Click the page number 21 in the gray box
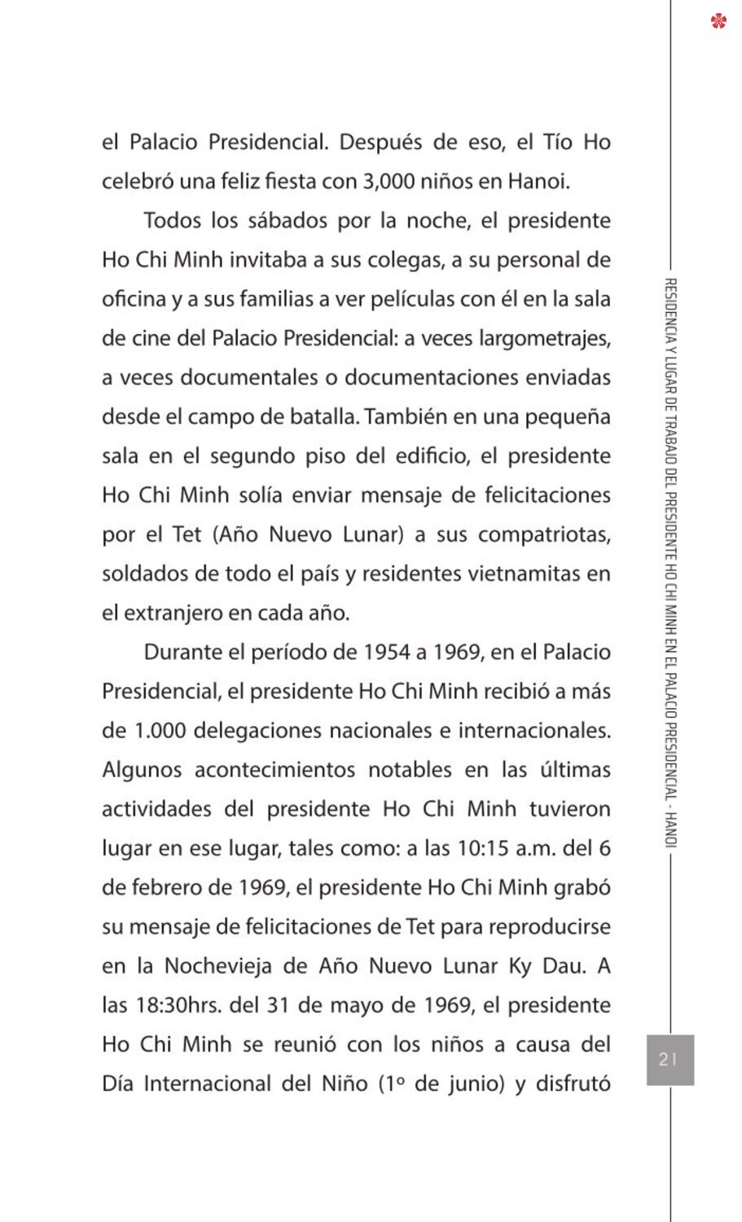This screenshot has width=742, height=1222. (669, 1059)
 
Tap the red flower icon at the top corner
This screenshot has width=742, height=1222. (718, 20)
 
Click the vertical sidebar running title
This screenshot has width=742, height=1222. (671, 562)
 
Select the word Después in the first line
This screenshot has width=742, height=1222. (380, 143)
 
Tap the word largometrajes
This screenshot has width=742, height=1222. (544, 338)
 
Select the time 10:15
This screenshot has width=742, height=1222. (483, 848)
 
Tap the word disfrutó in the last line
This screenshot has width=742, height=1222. (573, 1084)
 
